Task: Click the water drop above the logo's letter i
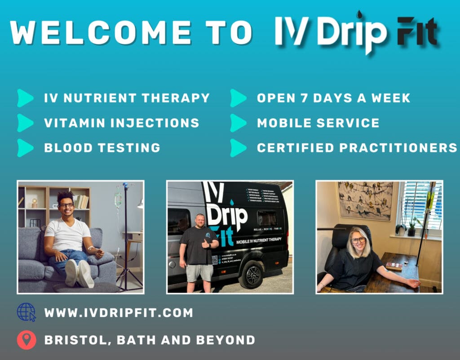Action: (x=359, y=15)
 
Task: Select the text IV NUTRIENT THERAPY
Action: (x=127, y=98)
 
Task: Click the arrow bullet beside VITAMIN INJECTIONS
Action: (x=25, y=123)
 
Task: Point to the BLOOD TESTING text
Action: (x=102, y=147)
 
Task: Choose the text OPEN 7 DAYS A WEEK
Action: (x=333, y=98)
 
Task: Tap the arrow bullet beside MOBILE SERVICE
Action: (x=238, y=123)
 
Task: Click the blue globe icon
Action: (x=26, y=312)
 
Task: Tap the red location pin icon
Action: (x=26, y=340)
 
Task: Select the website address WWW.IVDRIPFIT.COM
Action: (x=119, y=312)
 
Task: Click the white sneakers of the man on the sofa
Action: (x=79, y=273)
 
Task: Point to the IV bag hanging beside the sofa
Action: (x=118, y=199)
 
